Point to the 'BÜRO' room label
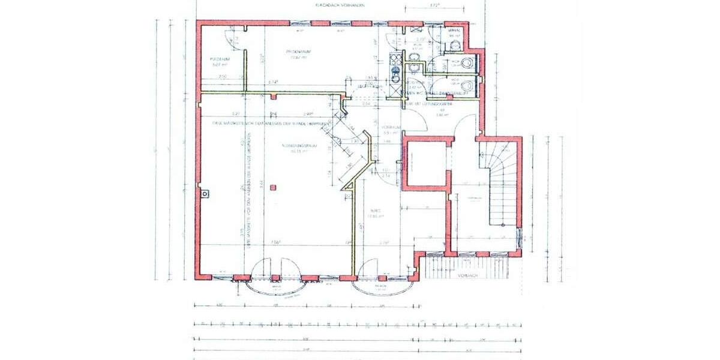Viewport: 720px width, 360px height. [376, 211]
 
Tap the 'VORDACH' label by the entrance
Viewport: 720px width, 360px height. [466, 276]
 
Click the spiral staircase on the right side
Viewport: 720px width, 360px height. [499, 180]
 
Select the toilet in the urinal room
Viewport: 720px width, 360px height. [454, 43]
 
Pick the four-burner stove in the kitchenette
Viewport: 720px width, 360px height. [395, 59]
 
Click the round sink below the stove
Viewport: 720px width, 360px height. [395, 73]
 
